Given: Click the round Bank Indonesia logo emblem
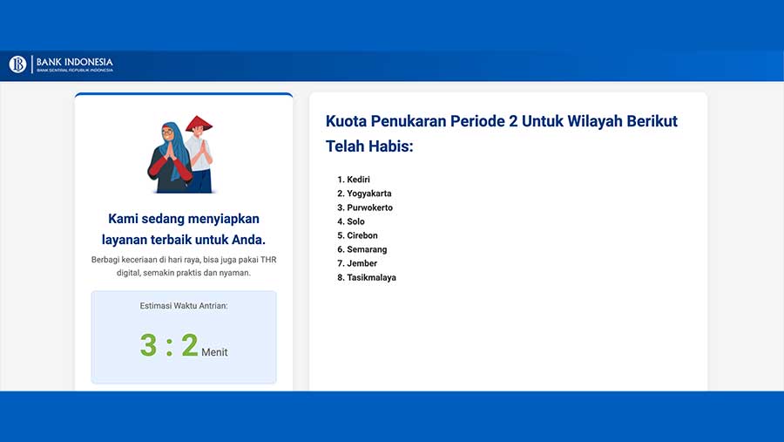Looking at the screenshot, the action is [17, 65].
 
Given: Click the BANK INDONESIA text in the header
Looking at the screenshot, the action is [75, 62].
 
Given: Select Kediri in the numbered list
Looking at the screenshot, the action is [359, 180].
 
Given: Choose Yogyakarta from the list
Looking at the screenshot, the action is [369, 194].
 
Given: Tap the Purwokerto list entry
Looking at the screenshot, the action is [369, 207].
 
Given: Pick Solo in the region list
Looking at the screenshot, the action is [355, 221].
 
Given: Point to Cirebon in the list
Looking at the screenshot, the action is [362, 235].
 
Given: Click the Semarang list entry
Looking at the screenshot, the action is [367, 249].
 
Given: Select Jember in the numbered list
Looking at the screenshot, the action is [362, 263].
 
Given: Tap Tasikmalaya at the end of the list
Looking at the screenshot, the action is [371, 277].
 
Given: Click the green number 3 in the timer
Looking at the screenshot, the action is [148, 345].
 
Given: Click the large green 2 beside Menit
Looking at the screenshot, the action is [190, 345].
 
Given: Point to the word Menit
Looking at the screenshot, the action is [214, 352].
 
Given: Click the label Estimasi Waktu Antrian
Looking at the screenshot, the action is [184, 305].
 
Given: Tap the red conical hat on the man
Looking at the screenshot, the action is [199, 124].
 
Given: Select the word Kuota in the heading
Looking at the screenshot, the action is [346, 121].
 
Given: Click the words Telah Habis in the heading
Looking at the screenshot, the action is [369, 146].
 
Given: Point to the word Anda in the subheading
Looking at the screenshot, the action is [248, 239].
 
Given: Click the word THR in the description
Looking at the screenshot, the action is [268, 260].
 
